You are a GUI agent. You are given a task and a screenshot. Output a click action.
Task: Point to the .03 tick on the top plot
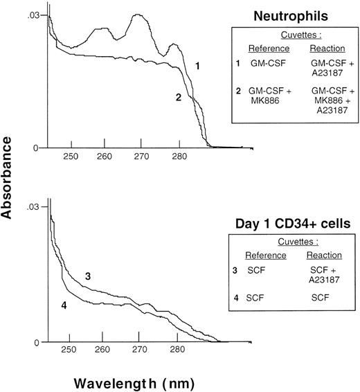point(33,14)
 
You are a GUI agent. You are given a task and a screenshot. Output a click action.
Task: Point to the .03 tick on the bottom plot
point(33,207)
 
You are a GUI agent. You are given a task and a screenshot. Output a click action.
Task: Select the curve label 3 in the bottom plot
point(89,276)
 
